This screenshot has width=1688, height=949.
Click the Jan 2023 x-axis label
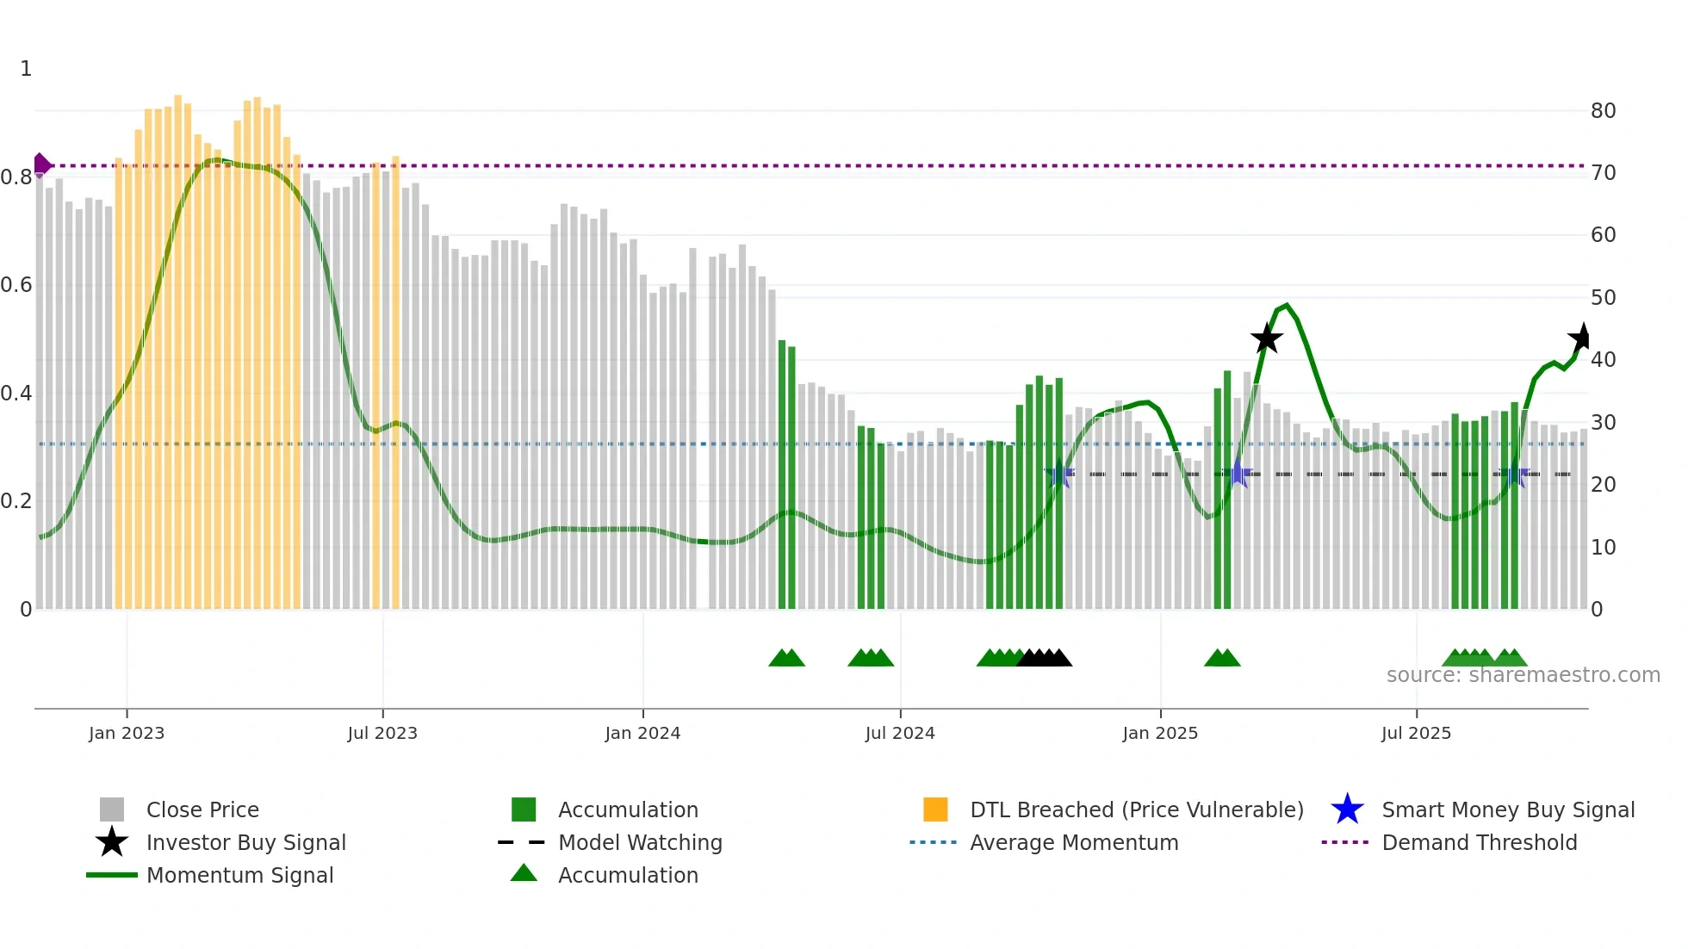[126, 733]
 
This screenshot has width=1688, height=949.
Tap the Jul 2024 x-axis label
[899, 733]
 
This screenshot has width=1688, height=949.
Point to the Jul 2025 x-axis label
[1416, 733]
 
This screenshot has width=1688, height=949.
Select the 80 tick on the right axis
[1603, 111]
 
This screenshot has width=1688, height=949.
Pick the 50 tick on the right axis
[1603, 298]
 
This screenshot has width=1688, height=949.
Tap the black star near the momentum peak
[1266, 338]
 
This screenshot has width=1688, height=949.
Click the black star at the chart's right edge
[1581, 338]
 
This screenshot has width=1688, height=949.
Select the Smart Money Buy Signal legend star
[1347, 809]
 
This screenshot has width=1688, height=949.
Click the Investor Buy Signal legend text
[245, 842]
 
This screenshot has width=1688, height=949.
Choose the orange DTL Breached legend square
[935, 809]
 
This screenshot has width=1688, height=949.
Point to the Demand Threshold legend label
[1479, 842]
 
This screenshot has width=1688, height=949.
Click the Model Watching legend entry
[639, 842]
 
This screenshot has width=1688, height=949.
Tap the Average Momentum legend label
[1073, 842]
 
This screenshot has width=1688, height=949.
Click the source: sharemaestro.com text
[1523, 675]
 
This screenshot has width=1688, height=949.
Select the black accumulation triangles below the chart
[1044, 658]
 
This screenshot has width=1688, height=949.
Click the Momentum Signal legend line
[112, 875]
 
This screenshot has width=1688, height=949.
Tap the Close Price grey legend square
[112, 809]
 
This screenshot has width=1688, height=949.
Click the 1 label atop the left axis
[26, 69]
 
